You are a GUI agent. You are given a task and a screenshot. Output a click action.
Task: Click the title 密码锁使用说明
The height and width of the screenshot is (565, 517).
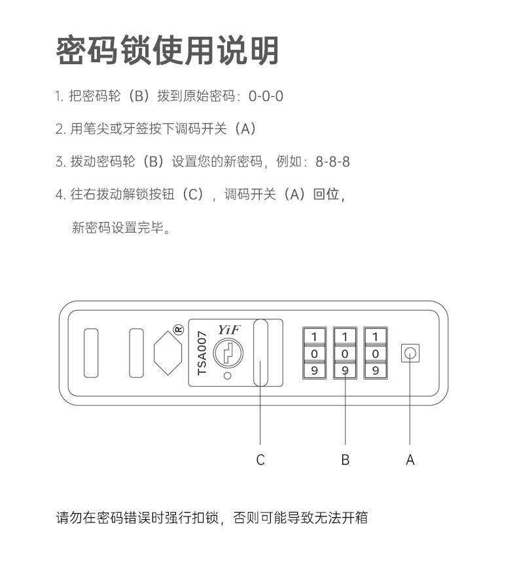168,51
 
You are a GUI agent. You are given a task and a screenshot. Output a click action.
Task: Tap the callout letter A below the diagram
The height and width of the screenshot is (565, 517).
410,460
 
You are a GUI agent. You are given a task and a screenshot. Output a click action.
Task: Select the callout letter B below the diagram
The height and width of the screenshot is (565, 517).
345,460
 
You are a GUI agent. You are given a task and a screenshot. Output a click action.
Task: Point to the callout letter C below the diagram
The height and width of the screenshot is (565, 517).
260,460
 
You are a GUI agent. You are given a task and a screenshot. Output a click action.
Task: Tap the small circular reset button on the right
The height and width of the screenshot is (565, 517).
410,354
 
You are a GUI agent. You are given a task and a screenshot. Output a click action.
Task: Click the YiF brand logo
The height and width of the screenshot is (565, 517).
228,330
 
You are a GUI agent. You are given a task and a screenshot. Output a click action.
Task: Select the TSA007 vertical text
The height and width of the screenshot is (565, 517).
202,353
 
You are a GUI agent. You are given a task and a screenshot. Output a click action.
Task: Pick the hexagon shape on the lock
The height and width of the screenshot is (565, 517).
168,353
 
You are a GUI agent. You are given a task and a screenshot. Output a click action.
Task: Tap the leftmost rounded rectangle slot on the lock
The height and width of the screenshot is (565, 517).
91,353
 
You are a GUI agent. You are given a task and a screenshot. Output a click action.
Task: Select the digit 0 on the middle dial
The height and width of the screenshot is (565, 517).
345,354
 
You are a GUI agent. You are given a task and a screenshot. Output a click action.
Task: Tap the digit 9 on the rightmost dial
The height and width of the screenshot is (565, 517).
376,370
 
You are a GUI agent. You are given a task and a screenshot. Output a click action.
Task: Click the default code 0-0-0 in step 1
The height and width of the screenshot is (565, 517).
266,96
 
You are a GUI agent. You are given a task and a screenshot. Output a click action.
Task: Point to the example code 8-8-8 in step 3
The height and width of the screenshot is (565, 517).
332,161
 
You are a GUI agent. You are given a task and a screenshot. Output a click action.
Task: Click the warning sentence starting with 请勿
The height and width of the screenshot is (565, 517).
211,518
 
